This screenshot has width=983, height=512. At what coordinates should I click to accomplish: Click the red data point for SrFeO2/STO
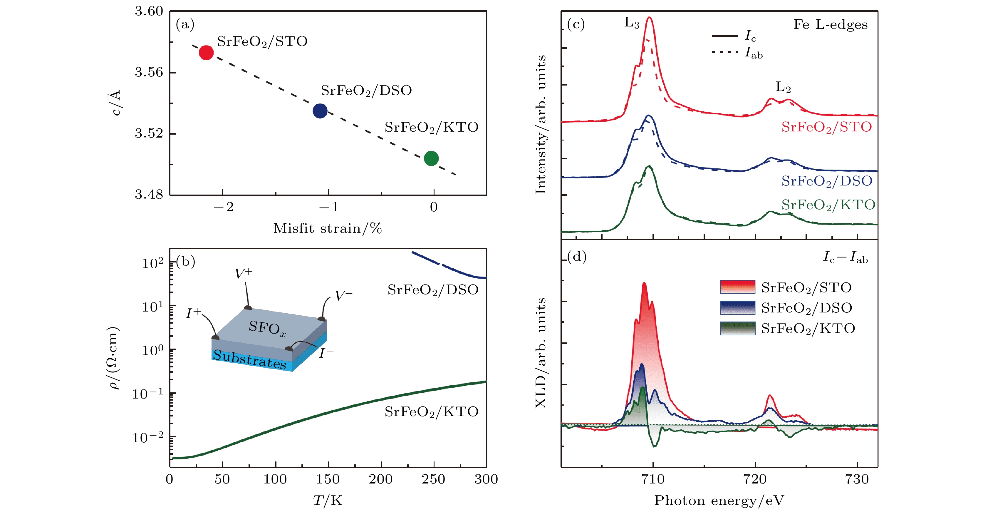206,52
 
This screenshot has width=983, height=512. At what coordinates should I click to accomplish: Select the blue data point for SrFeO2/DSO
320,111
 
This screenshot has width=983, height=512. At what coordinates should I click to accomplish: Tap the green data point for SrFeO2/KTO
431,158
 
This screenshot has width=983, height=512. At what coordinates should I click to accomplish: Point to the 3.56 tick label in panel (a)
149,72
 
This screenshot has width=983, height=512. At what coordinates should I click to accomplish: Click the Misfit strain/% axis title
327,228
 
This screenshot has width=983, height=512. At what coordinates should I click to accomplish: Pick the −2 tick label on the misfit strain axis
223,207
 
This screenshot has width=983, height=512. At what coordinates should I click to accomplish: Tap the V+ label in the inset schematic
243,273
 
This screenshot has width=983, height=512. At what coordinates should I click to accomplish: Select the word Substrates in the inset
249,359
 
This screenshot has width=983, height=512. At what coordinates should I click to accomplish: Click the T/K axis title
327,501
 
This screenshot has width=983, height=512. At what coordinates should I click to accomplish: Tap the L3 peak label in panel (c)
632,23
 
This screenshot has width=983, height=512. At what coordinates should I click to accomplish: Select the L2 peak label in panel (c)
783,87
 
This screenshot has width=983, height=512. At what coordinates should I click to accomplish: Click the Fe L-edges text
830,24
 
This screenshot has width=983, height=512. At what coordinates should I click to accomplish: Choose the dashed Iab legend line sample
725,52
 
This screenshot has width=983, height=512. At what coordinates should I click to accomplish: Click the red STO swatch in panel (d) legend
737,287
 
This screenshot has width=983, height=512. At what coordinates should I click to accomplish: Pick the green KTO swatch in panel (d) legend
737,328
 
